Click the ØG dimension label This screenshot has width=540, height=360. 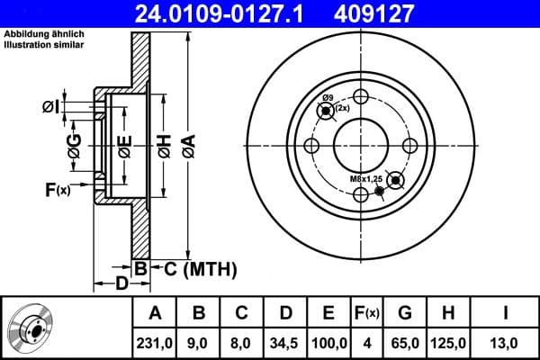tap(74, 145)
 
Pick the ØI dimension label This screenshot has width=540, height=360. tap(51, 107)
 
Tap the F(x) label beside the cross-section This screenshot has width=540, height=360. tap(58, 189)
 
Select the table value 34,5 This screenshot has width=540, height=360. tap(285, 341)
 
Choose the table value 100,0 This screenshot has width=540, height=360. tap(328, 341)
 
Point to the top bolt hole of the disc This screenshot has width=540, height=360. tap(361, 97)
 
